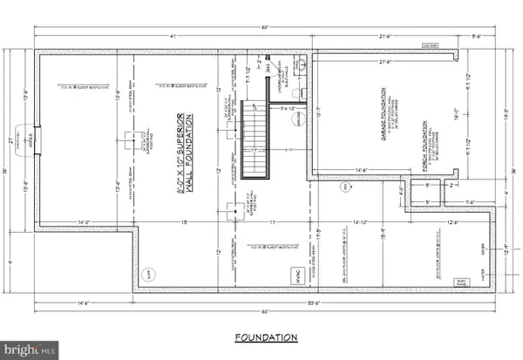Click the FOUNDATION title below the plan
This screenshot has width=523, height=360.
pos(267,336)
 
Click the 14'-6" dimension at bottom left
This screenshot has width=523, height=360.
pos(84,304)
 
